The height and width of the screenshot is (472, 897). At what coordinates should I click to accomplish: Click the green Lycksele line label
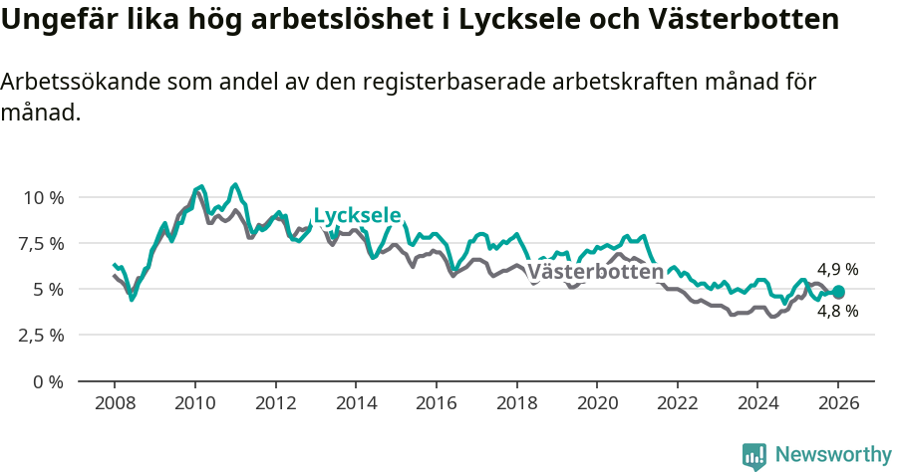[357, 216]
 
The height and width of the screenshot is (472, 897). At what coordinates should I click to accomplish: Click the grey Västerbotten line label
[594, 272]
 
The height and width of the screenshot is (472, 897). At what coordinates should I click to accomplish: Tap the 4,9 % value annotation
[837, 269]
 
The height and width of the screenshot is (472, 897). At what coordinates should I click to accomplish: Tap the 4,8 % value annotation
[837, 311]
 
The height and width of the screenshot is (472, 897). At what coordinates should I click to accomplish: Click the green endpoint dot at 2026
[838, 292]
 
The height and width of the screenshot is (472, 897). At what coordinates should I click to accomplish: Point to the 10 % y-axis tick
[43, 197]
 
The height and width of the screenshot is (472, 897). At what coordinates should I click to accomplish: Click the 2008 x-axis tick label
[114, 404]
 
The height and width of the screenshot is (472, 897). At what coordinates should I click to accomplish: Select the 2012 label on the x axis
[274, 404]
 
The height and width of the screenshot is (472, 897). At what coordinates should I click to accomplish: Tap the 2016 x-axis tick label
[436, 404]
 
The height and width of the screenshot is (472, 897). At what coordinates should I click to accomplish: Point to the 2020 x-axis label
[596, 404]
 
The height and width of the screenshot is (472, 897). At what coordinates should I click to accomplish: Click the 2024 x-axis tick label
[756, 404]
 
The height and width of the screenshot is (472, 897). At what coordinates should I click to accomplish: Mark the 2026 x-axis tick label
[837, 404]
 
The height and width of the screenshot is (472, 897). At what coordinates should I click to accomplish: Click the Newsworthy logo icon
[754, 456]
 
